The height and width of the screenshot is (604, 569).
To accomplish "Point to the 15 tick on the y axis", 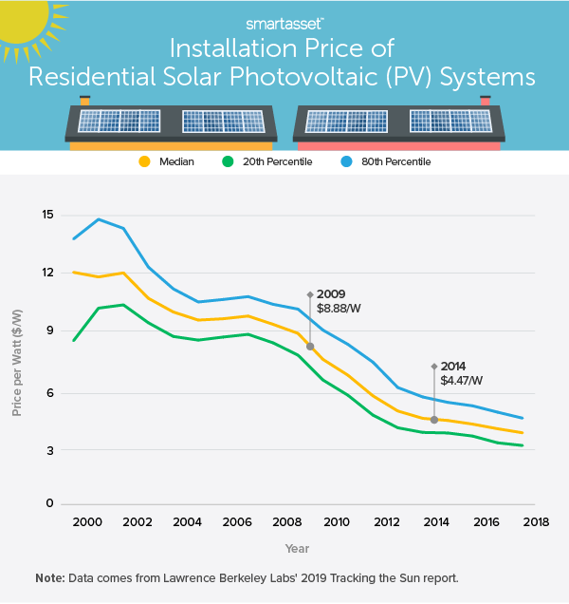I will [x=47, y=214].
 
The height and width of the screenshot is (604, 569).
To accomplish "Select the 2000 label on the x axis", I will [x=87, y=522].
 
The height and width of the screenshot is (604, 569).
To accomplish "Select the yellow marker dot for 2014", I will [x=434, y=420].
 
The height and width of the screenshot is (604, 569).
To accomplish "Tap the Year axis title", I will [x=297, y=548].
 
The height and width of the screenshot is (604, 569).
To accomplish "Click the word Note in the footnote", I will [x=50, y=577].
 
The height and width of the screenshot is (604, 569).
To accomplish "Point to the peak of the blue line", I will [x=100, y=219].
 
